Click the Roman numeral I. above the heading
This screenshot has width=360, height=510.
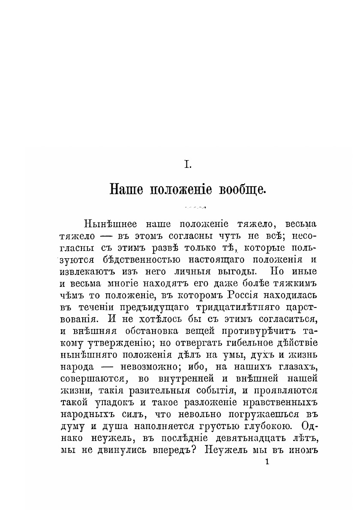[187, 164]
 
